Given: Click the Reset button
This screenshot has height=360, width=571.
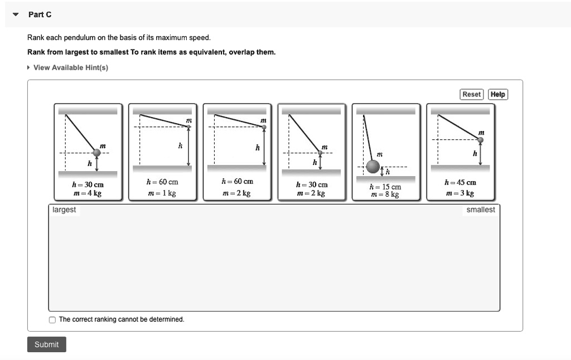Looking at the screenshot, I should coord(471,95).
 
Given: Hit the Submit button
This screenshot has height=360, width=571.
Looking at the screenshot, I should coord(47,344).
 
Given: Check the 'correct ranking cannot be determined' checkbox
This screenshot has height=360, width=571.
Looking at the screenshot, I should coord(52,320).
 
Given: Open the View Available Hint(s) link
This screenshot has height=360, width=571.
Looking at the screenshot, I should coord(70,67).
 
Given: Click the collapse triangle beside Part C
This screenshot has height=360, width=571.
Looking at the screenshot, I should coord(16,14).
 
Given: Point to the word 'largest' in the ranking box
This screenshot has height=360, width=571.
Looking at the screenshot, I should coord(64,210).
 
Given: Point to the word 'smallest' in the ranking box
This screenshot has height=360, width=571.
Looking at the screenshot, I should coord(480,210).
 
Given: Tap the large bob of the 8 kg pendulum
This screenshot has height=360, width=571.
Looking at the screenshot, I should coord(373,166).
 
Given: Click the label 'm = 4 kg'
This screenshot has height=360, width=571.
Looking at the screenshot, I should coord(88,194).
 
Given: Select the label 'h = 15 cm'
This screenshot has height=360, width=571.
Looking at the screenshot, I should coord(385,187).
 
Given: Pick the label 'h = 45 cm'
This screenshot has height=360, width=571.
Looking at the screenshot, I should coord(460,182).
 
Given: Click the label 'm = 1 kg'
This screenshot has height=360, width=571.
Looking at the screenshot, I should coord(162,193).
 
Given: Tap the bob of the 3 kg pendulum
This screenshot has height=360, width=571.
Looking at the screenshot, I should coord(480,140).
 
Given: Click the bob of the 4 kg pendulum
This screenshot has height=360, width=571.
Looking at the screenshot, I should coord(96,152).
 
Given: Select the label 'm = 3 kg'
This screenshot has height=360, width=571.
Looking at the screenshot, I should coord(460,193).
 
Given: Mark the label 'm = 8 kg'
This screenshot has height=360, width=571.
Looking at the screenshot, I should coord(385,194).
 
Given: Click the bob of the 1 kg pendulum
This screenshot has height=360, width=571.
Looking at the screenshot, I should coord(189,127).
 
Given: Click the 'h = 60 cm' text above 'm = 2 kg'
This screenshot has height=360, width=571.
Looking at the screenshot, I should coord(237,182).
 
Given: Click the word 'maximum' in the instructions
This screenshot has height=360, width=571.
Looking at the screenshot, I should coord(171,38).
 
